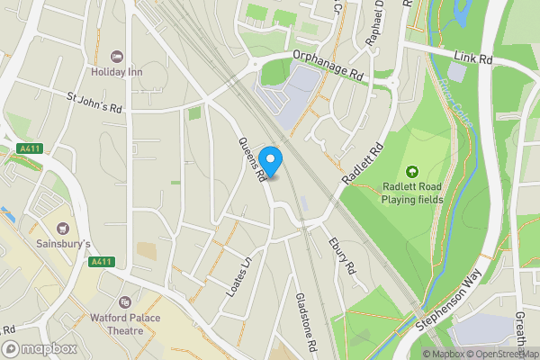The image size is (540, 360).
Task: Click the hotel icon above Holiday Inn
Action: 117,56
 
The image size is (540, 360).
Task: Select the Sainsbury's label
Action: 63,244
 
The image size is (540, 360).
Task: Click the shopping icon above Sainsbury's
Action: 63,229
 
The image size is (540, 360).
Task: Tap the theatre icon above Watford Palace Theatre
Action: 125,301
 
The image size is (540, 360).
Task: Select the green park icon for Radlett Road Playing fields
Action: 413,171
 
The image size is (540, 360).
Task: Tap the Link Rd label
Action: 474,58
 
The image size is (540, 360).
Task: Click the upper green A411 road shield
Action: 31,149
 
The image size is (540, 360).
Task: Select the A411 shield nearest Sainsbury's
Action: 102,262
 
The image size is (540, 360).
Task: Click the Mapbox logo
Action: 39,348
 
